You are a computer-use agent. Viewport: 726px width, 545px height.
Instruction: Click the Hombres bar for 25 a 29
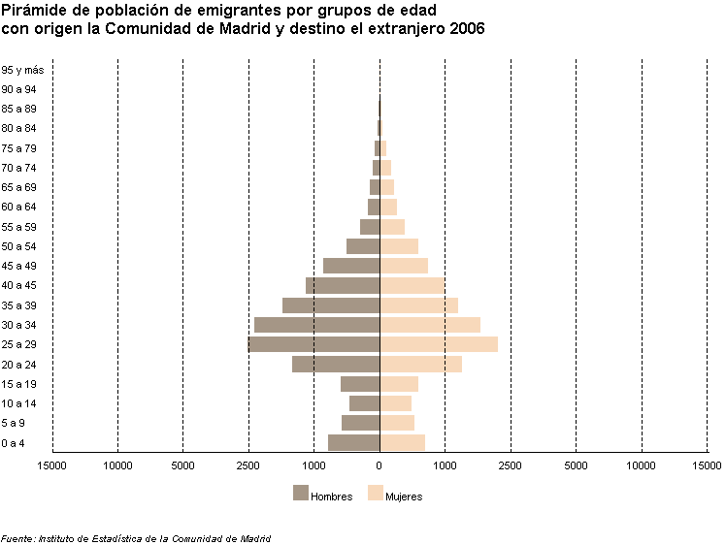(x=313, y=344)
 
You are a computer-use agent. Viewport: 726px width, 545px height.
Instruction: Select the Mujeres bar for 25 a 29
(x=439, y=344)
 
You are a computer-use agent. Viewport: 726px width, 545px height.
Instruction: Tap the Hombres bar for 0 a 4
(x=353, y=442)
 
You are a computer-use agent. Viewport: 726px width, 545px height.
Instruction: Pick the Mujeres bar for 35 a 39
(x=418, y=305)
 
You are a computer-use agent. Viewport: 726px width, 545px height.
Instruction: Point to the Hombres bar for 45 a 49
(x=351, y=266)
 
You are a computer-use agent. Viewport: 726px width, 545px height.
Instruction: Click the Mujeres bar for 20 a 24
(x=420, y=365)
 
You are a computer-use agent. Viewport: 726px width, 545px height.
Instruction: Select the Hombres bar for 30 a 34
(x=316, y=325)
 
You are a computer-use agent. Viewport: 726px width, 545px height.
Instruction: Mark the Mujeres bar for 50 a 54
(x=399, y=246)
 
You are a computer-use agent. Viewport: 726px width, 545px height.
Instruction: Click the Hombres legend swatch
(x=300, y=493)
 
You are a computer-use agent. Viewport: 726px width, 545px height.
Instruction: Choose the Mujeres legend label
(x=404, y=497)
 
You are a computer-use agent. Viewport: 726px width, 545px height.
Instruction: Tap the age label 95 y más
(x=23, y=70)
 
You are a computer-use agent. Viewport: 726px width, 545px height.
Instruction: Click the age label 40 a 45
(x=19, y=285)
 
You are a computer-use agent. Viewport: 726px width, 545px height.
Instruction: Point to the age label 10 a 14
(x=19, y=403)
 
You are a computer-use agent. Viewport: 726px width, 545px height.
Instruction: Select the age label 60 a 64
(x=19, y=207)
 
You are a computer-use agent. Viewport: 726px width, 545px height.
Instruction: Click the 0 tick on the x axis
(x=379, y=466)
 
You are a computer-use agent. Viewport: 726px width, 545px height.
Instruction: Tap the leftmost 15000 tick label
(x=52, y=466)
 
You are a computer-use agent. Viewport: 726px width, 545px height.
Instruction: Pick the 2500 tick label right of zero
(x=511, y=466)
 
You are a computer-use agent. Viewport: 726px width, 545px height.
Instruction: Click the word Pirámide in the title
(x=33, y=12)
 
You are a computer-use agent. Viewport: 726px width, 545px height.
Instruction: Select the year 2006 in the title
(x=468, y=29)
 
